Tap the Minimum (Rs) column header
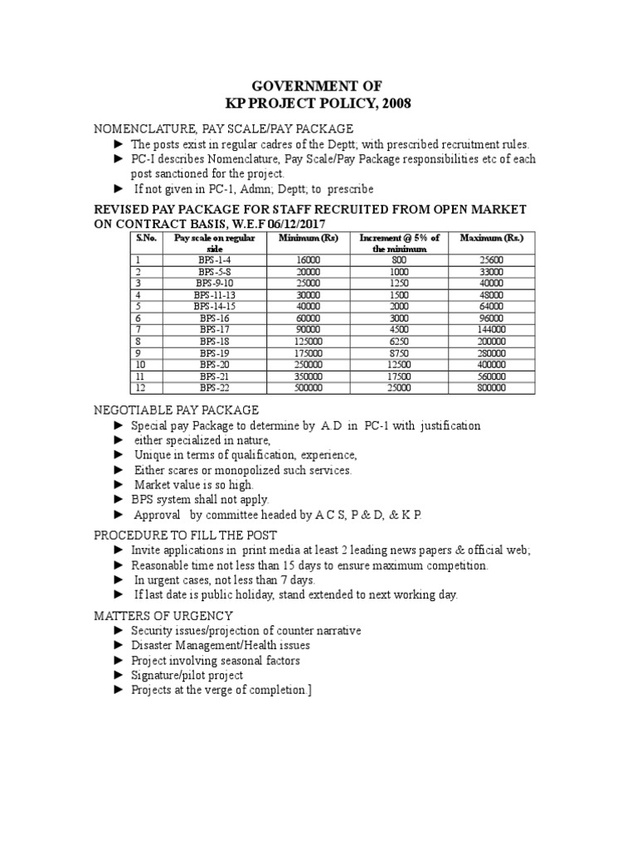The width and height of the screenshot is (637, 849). tap(309, 238)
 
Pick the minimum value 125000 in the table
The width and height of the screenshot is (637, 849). tap(309, 341)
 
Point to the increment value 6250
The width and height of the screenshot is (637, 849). tap(400, 341)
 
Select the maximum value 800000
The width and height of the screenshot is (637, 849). tap(492, 387)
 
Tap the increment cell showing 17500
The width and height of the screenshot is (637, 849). tap(400, 376)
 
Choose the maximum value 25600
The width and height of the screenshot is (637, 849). tap(492, 260)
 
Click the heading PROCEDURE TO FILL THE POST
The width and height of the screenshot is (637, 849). tap(184, 535)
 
